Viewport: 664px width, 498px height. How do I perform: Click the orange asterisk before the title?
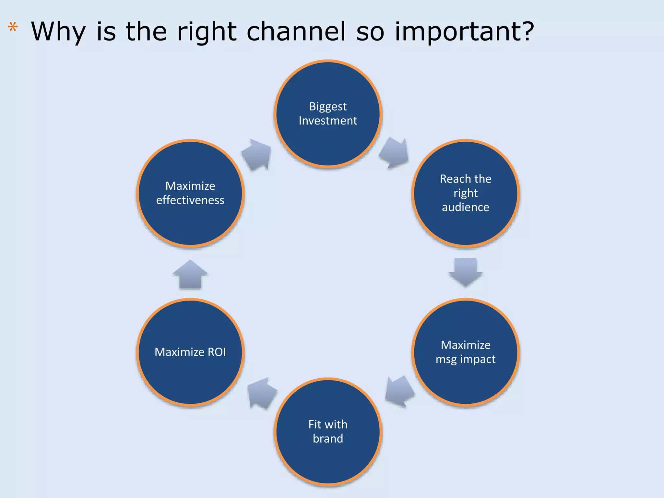pyautogui.click(x=13, y=27)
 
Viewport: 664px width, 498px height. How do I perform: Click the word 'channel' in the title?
pyautogui.click(x=296, y=31)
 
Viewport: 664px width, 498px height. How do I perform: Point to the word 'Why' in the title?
pyautogui.click(x=58, y=32)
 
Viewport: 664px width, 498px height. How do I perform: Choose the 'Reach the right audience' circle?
pyautogui.click(x=466, y=193)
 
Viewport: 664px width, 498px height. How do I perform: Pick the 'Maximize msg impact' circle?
pyautogui.click(x=466, y=352)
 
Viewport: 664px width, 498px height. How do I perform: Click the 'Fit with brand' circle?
pyautogui.click(x=328, y=432)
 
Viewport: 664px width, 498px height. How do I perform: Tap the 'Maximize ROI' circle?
pyautogui.click(x=190, y=352)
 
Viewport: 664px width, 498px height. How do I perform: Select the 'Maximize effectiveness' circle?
pyautogui.click(x=190, y=193)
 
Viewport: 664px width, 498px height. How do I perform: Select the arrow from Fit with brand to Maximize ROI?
pyautogui.click(x=262, y=393)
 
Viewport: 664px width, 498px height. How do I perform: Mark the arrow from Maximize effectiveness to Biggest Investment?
pyautogui.click(x=257, y=154)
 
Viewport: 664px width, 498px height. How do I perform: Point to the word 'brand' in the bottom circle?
pyautogui.click(x=328, y=439)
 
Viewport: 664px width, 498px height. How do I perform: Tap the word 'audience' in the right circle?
pyautogui.click(x=466, y=207)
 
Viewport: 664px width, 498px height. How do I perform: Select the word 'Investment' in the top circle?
pyautogui.click(x=328, y=121)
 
